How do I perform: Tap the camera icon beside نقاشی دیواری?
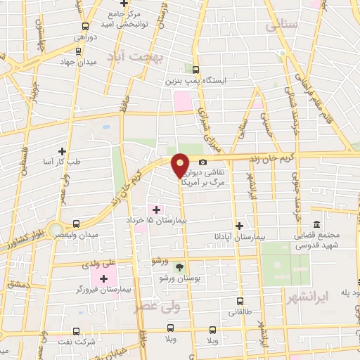[x=203, y=162]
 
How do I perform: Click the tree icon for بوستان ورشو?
[x=179, y=267]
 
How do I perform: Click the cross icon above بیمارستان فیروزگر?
[x=103, y=279]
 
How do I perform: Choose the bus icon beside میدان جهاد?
[x=77, y=50]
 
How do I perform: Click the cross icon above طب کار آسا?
[x=63, y=150]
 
